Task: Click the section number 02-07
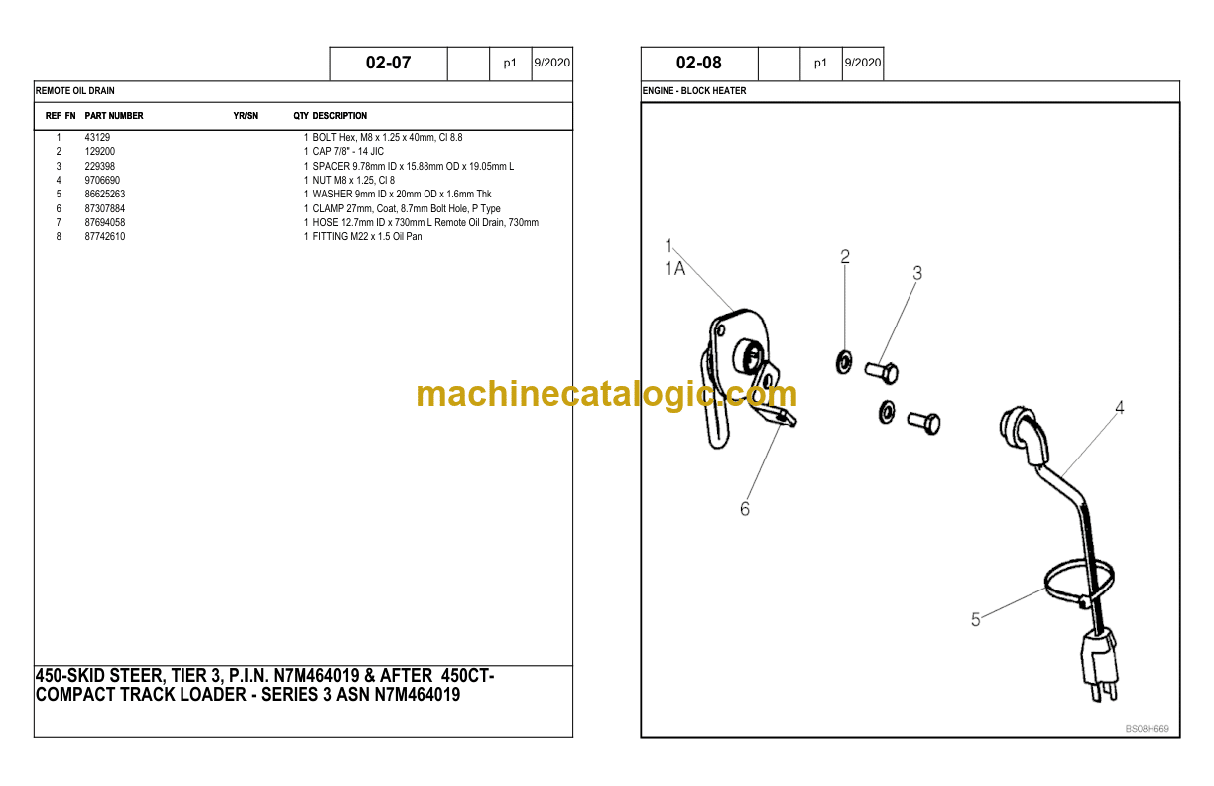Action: coord(388,63)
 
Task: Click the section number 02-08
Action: coord(698,63)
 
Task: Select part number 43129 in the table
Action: coord(97,137)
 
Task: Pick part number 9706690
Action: coord(102,180)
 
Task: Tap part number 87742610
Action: coord(105,236)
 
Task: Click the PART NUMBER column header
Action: coord(114,115)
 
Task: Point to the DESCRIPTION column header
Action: coord(340,115)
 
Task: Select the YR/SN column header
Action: coord(246,115)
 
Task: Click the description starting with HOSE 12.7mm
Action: coord(425,222)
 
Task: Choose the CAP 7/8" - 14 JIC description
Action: coord(348,151)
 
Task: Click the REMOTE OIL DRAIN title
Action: coord(74,90)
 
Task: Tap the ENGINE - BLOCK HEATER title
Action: coord(694,90)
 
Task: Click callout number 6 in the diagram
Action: coord(745,509)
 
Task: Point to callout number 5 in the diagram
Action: coord(976,619)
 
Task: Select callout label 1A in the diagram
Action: coord(675,268)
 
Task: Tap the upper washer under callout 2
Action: coord(844,362)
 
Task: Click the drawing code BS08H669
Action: coord(1147,729)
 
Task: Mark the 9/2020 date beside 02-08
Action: coord(863,63)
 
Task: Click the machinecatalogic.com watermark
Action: coord(606,394)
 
